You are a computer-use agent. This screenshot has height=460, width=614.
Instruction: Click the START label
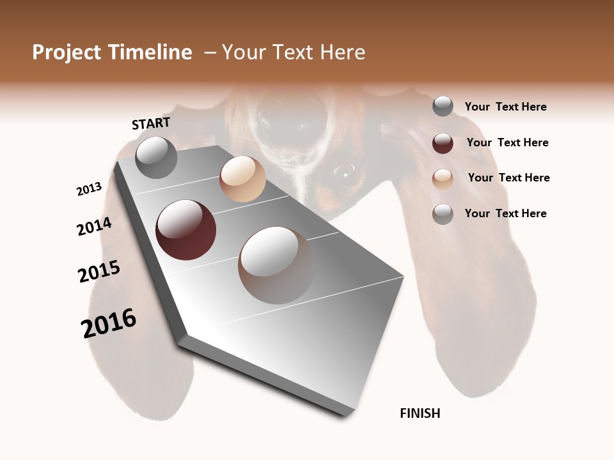[151, 123]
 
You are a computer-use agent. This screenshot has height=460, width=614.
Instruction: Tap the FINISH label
[420, 413]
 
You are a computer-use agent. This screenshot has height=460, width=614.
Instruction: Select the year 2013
[90, 189]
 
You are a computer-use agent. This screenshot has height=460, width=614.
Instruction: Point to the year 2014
[94, 226]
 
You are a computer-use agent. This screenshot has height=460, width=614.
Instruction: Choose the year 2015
[99, 272]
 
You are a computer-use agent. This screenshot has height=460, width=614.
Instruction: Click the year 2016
[109, 323]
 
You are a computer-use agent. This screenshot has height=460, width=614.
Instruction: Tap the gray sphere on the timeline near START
[157, 158]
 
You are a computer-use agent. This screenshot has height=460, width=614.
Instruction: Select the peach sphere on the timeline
[242, 179]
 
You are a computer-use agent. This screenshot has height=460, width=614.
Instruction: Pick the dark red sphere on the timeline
[186, 230]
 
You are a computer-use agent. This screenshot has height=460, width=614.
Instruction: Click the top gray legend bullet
[443, 107]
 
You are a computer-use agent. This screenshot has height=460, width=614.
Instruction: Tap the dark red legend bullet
[443, 143]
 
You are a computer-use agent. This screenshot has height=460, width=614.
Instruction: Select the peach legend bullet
[443, 178]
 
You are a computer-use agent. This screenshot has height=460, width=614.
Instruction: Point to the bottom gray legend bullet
[443, 214]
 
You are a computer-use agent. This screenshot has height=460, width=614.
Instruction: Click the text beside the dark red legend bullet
[507, 142]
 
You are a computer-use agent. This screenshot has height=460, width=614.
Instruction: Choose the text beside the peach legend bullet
[508, 178]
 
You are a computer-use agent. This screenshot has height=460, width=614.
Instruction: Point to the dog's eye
[344, 171]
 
